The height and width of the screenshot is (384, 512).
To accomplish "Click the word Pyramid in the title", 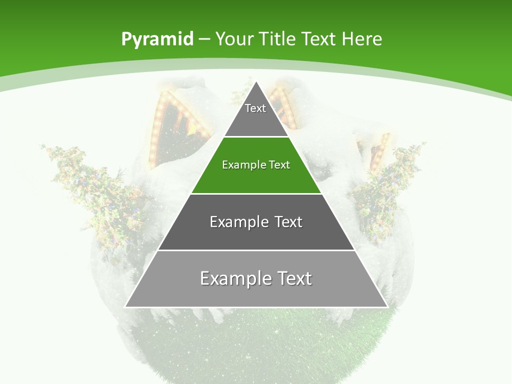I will click(157, 39).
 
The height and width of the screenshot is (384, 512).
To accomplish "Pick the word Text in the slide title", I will click(319, 39).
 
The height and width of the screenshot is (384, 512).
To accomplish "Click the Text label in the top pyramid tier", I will click(255, 108).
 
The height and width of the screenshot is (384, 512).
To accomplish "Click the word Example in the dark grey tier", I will click(236, 222).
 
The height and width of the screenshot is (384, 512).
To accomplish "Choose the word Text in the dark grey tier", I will click(289, 222).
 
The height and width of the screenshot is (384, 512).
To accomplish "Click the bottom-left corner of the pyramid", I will click(126, 307).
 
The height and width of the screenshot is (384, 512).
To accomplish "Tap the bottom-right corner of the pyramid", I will click(387, 307).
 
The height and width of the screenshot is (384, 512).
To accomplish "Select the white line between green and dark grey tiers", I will click(256, 194).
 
